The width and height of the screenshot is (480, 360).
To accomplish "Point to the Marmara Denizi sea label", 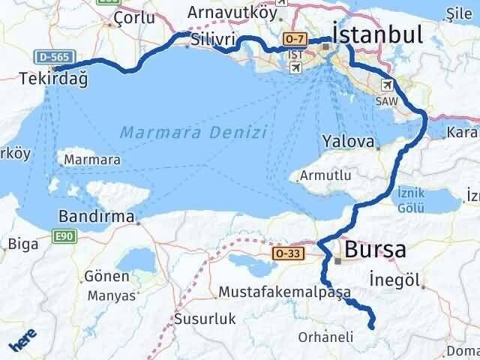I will [x=193, y=132].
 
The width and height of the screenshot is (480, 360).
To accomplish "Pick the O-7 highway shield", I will [x=293, y=37].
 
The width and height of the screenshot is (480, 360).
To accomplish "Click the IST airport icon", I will [x=295, y=68].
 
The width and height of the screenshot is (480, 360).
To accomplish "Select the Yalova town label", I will [x=347, y=141].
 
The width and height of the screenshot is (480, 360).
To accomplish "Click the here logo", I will [x=23, y=341].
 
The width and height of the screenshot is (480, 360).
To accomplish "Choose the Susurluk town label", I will [x=205, y=319].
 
